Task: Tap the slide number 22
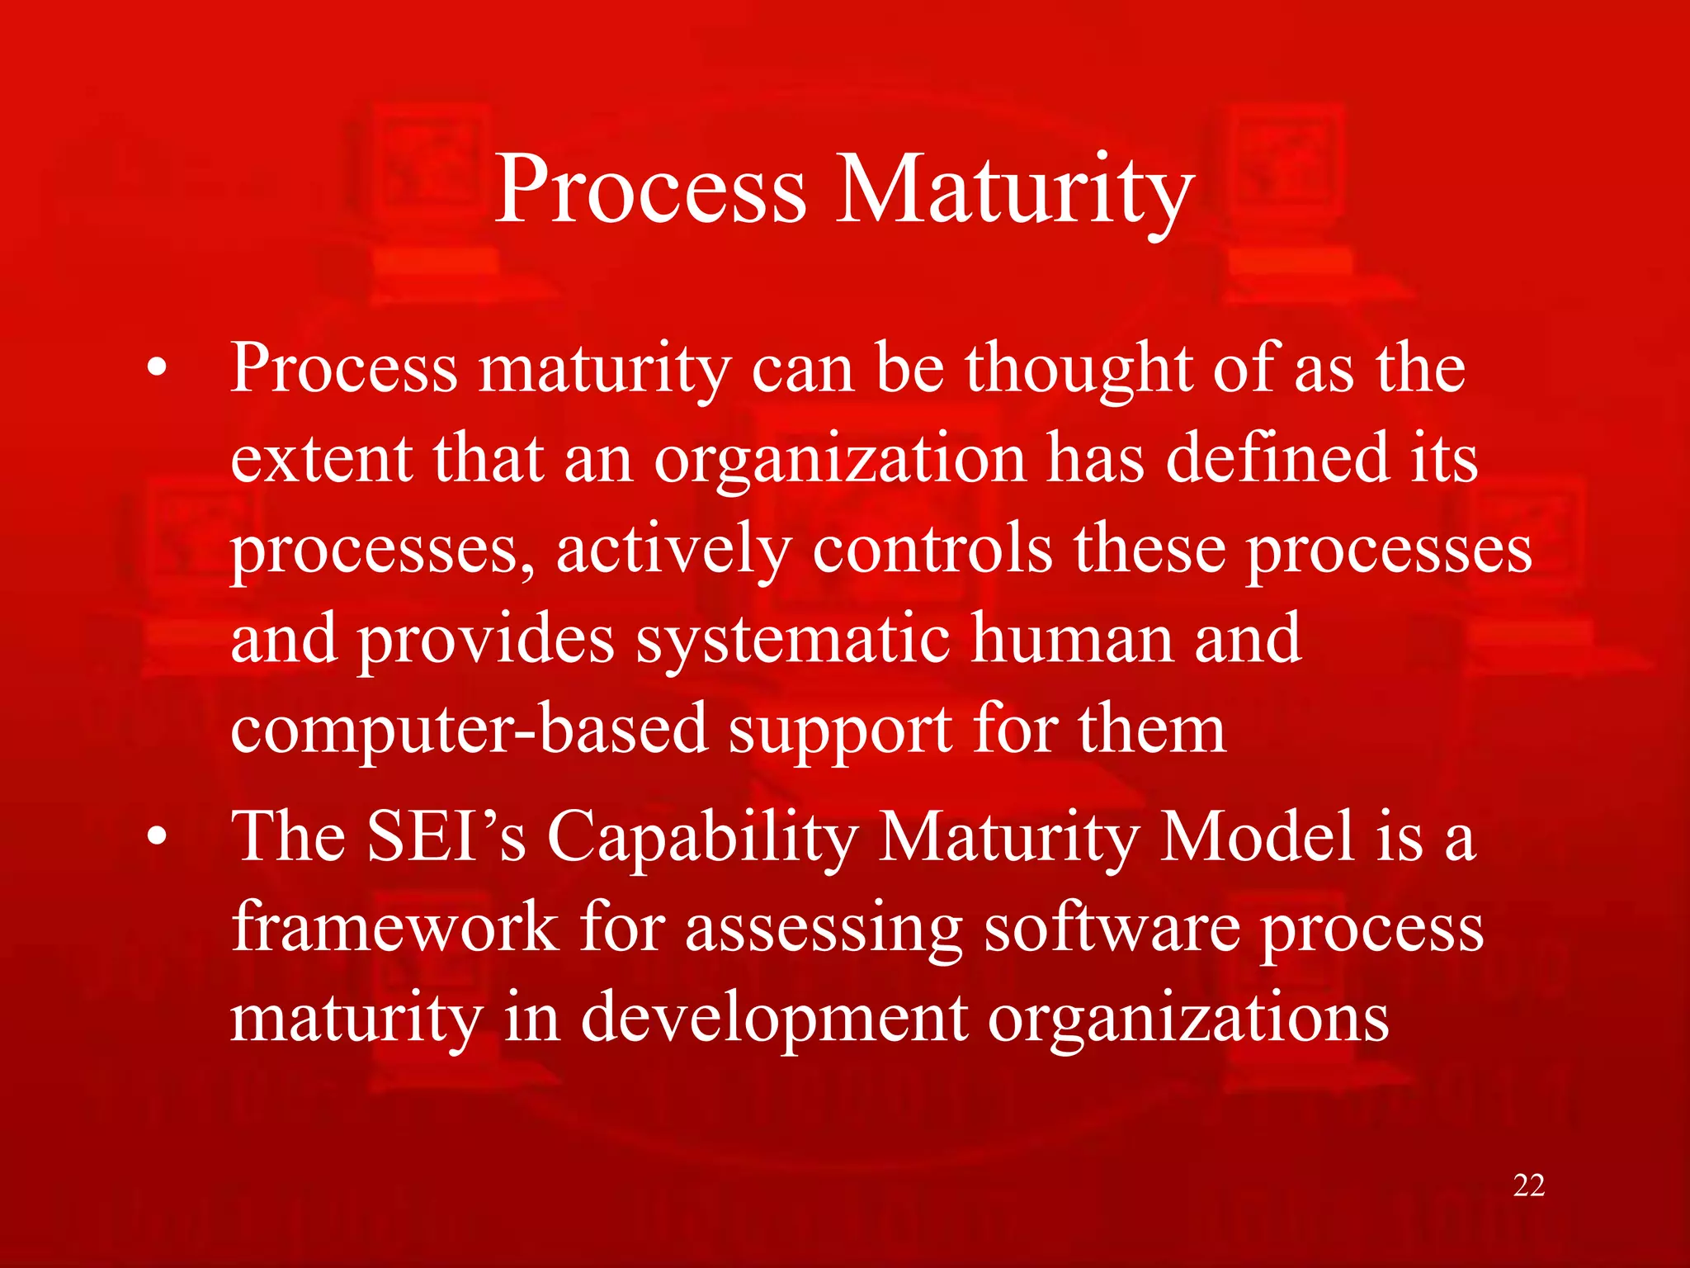[x=1528, y=1185]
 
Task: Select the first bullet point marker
[x=157, y=369]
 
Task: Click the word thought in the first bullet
[x=1079, y=369]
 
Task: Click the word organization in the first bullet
[x=839, y=461]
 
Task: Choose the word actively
[x=673, y=551]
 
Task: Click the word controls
[x=932, y=549]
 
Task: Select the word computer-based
[x=469, y=731]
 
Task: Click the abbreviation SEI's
[x=446, y=837]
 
